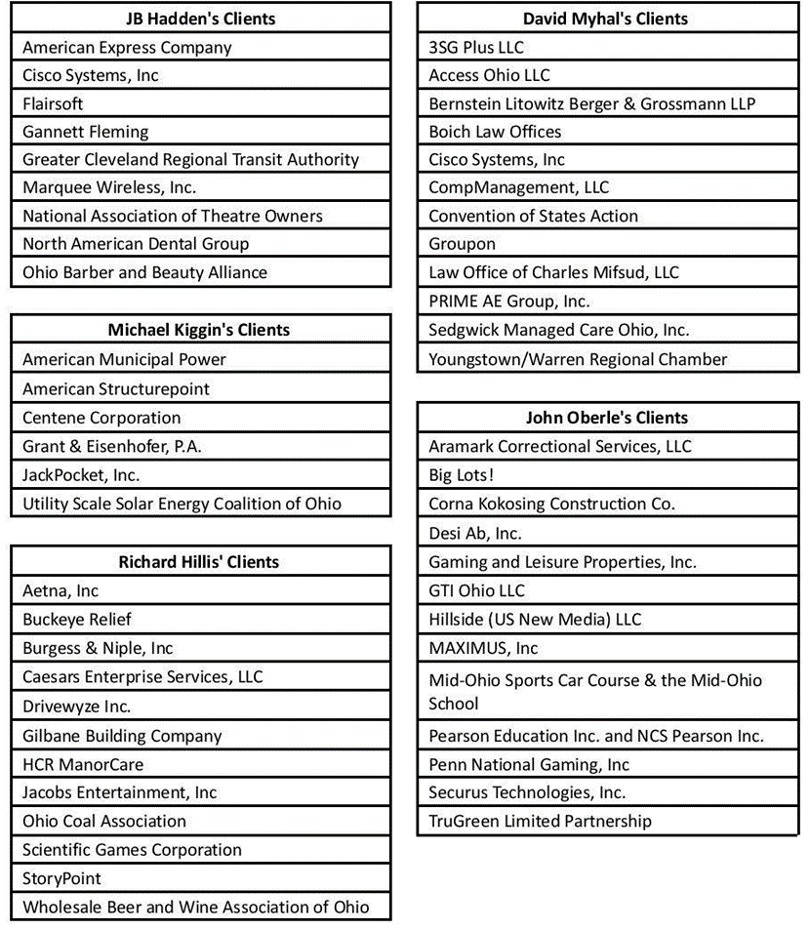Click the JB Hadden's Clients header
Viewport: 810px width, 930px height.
(201, 19)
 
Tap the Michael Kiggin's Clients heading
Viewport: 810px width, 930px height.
(198, 330)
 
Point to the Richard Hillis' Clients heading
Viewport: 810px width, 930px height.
(198, 562)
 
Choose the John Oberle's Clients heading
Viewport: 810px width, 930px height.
(606, 418)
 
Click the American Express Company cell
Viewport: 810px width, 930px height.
(127, 48)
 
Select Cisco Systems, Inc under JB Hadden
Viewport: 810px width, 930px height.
(91, 75)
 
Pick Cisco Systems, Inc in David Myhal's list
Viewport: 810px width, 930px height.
(497, 160)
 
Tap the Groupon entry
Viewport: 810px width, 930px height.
(463, 244)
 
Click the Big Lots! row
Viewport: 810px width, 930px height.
(462, 475)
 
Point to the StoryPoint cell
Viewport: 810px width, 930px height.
(61, 879)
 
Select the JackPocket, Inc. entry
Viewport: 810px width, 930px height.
(81, 475)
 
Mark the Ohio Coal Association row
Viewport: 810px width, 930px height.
(104, 822)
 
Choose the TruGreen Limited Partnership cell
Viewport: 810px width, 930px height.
(540, 822)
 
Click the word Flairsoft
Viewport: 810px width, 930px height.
(53, 103)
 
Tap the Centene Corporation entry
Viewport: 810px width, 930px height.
(101, 418)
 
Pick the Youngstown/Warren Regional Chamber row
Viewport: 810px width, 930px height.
(578, 360)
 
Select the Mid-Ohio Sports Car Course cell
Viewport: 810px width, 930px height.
(595, 692)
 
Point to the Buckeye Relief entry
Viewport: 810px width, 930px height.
(77, 620)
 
